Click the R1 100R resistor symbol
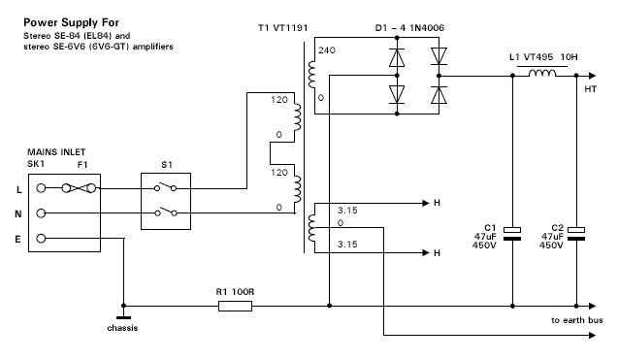click(235, 306)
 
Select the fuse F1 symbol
click(79, 188)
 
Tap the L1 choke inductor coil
click(542, 73)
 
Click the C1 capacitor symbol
click(512, 234)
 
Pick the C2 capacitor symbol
click(576, 234)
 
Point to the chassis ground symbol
click(123, 317)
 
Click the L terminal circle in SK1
click(41, 188)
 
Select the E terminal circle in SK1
click(41, 239)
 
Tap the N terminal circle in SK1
click(41, 213)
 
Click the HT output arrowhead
click(593, 76)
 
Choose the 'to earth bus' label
click(577, 320)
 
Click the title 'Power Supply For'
click(72, 22)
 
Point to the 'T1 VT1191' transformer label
click(282, 28)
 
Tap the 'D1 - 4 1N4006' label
click(409, 28)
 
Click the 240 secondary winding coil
click(311, 75)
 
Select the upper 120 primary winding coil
click(297, 117)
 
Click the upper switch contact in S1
click(166, 186)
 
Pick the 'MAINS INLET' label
click(56, 152)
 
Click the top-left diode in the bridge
click(397, 57)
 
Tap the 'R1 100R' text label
click(235, 292)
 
